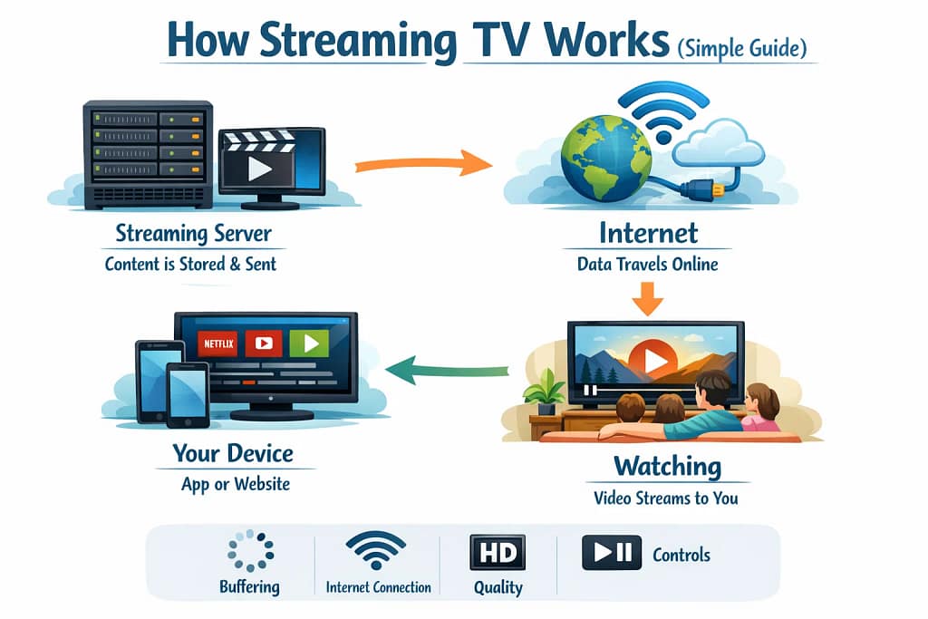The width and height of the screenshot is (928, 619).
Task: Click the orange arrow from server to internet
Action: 420,165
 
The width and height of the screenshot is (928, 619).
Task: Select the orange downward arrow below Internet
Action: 647,297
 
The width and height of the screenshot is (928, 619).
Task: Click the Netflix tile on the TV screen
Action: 217,343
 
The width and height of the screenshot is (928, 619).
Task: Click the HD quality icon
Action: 498,552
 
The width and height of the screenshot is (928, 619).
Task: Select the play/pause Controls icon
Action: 611,553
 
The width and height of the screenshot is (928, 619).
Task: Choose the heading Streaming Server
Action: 193,233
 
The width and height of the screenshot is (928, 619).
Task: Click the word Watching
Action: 667,468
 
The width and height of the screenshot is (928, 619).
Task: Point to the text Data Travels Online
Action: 647,265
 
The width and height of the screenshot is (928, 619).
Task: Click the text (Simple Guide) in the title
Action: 741,47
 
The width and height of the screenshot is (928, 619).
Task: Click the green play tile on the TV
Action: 309,343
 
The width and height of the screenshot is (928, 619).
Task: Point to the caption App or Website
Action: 236,484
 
